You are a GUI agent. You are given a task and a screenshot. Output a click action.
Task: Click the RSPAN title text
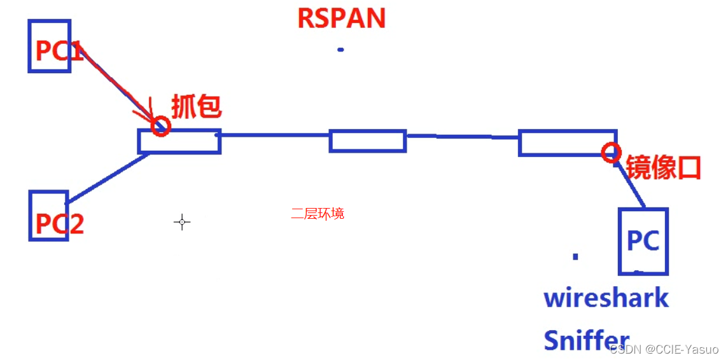(341, 18)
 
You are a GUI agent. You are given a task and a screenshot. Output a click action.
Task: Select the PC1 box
(50, 46)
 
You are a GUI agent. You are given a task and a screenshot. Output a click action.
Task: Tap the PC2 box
(49, 216)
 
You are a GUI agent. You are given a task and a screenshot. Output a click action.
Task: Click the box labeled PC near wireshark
(643, 241)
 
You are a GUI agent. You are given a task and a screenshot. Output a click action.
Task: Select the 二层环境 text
(318, 214)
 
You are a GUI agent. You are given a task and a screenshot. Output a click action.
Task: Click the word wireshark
(606, 298)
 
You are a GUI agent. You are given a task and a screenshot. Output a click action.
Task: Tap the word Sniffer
(586, 340)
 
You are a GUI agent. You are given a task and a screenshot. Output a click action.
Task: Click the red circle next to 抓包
(161, 126)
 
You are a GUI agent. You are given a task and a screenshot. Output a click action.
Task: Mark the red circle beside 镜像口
(612, 151)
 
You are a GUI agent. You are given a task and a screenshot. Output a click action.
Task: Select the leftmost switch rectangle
(179, 141)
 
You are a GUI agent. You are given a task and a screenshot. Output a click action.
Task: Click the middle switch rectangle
(367, 141)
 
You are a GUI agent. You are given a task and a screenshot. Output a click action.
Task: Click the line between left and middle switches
(274, 135)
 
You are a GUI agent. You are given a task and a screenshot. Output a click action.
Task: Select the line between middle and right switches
(462, 136)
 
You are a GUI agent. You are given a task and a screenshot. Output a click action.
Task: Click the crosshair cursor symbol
(182, 222)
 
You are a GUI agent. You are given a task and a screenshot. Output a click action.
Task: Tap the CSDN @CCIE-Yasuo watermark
(664, 349)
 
